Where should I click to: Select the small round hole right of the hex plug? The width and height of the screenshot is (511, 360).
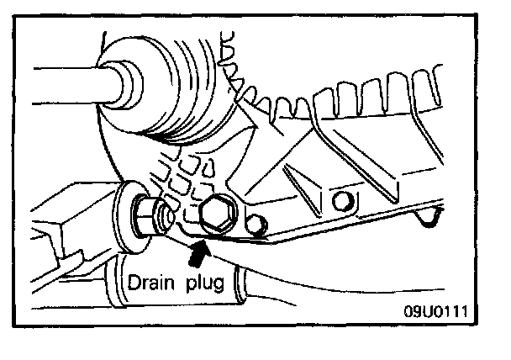(x=256, y=224)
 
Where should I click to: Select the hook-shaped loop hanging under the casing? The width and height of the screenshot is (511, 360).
(x=429, y=220)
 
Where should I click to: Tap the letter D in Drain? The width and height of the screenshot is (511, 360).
(x=132, y=283)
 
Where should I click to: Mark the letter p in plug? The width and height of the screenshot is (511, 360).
(x=189, y=286)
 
